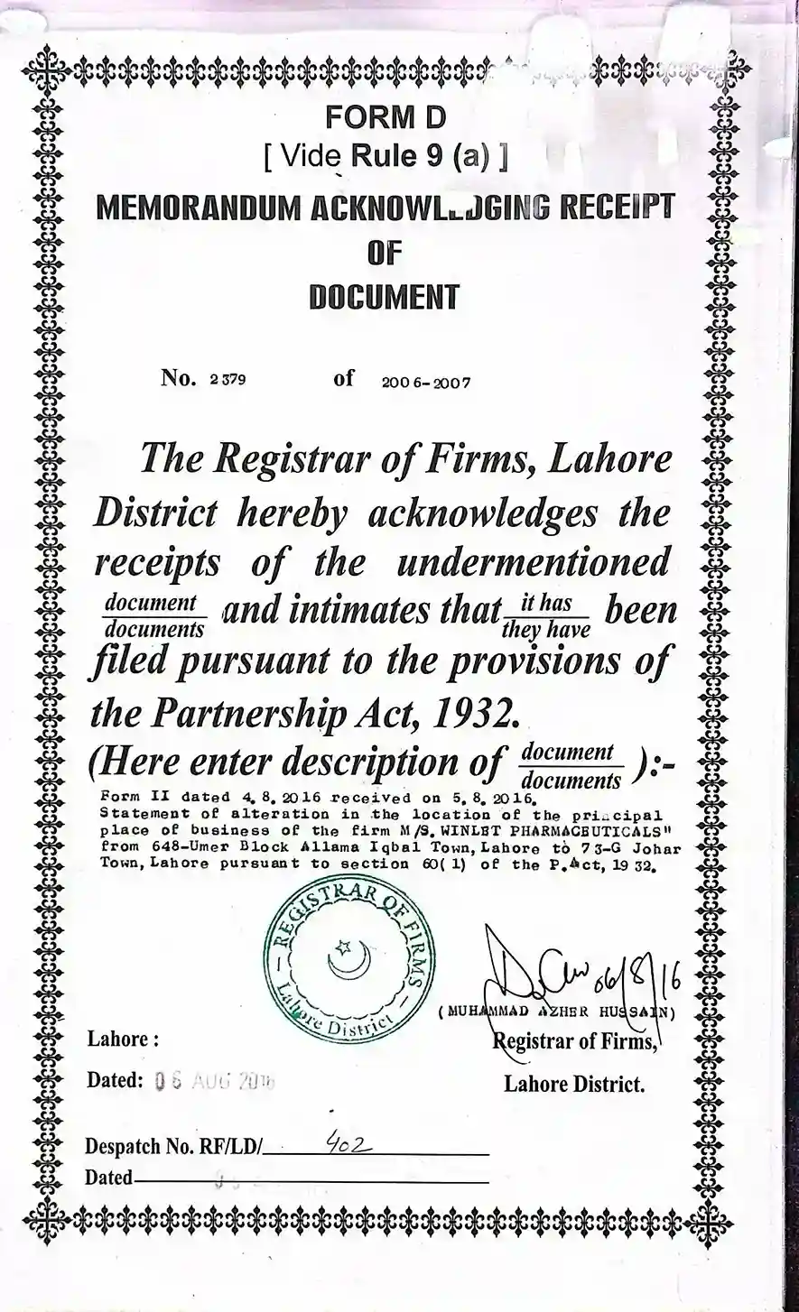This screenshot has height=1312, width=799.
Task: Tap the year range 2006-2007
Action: (x=426, y=382)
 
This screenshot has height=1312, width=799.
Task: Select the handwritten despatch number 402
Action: (x=344, y=1143)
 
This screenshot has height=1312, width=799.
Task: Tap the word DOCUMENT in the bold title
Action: (x=384, y=297)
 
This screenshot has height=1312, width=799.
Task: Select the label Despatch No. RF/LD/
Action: (x=173, y=1147)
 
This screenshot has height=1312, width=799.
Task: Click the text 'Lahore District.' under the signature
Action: (x=574, y=1084)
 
